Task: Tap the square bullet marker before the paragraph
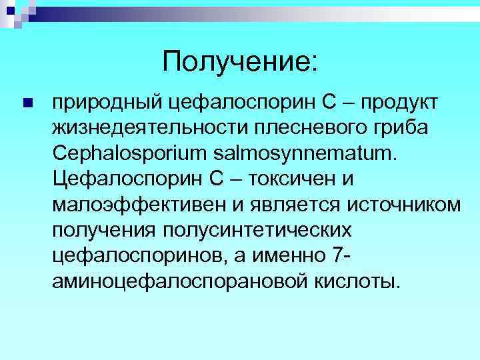click(x=27, y=103)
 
